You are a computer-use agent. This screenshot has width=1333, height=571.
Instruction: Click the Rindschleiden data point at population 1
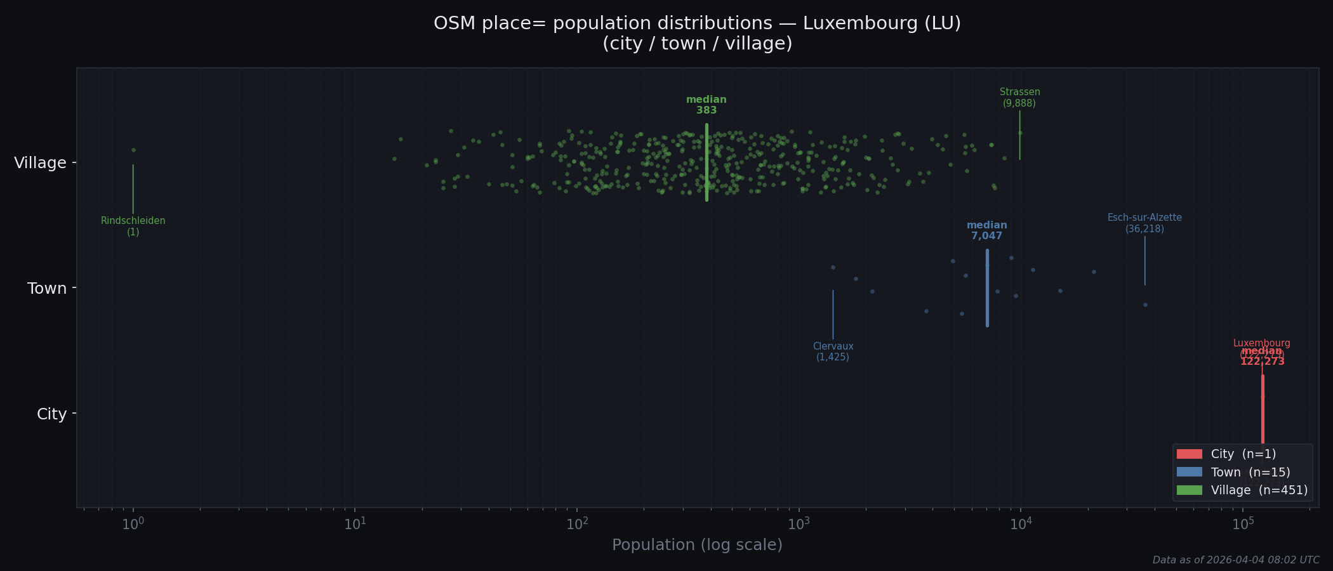tap(133, 150)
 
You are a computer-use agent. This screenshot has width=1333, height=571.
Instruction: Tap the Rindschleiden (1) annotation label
tap(133, 226)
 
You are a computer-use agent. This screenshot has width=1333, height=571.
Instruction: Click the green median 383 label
tap(706, 105)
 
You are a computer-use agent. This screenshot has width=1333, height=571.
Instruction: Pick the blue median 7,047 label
tap(987, 231)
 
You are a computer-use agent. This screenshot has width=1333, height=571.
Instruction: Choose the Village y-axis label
tap(41, 163)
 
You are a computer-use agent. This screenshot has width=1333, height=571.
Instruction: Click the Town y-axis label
tap(47, 289)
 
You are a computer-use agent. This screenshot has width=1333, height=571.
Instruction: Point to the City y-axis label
tap(51, 414)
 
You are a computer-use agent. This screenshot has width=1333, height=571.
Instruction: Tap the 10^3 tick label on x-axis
tap(799, 524)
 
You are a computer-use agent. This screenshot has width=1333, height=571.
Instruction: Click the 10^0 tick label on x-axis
tap(133, 524)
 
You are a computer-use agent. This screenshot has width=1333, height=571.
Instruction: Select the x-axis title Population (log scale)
tap(697, 545)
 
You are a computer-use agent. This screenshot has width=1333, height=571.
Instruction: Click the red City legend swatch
tap(1189, 454)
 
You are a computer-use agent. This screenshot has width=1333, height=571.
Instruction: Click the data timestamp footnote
tap(1236, 560)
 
